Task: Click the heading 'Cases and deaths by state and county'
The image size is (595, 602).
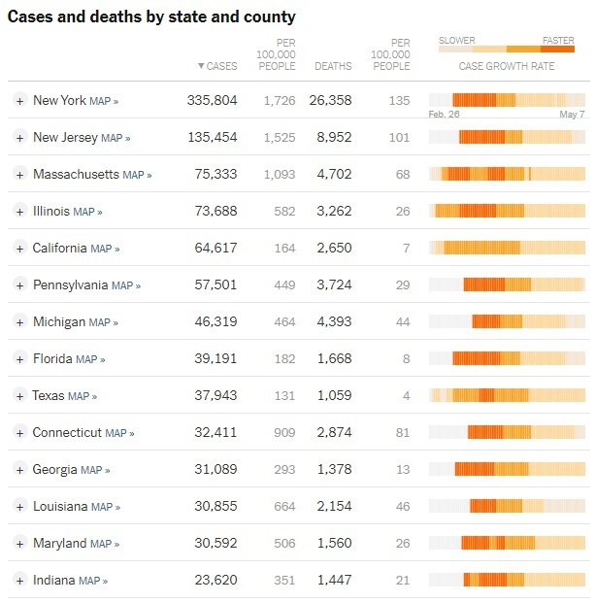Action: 151,17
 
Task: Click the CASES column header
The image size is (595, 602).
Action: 217,66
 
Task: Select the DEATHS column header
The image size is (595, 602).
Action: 333,66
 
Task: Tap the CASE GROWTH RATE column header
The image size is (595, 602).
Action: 507,66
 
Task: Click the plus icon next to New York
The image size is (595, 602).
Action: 19,101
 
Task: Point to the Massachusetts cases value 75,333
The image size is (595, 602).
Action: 213,175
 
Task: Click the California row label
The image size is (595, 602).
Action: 59,249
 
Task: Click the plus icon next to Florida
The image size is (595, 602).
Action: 19,359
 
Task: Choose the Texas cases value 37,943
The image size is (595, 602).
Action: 213,396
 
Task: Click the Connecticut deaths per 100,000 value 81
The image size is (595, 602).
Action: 402,433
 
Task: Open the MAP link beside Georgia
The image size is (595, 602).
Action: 95,471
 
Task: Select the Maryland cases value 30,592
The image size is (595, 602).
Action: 213,544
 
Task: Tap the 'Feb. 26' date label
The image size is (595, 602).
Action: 444,114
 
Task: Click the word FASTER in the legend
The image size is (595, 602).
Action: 558,41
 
